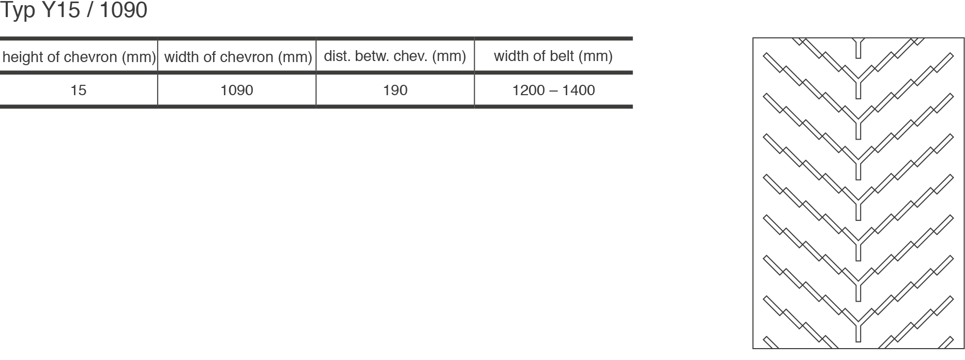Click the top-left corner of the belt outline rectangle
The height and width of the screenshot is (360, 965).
753,38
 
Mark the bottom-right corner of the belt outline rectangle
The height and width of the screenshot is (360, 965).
964,348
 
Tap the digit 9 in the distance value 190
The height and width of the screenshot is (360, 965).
396,90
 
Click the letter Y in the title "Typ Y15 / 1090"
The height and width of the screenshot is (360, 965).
47,10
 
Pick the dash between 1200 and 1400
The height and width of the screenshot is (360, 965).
553,91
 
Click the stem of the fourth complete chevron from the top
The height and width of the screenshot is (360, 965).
858,209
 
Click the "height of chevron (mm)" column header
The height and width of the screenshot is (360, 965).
79,56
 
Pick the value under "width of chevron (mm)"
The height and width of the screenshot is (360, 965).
237,90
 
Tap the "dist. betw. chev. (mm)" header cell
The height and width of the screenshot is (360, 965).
395,56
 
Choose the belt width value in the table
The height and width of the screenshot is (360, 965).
553,90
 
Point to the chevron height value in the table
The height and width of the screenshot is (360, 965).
78,90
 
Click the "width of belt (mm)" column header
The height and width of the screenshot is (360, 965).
553,56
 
